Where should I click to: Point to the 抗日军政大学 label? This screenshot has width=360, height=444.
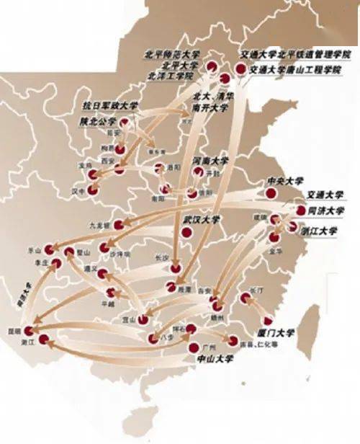[110, 106]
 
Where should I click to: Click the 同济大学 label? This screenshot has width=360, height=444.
[326, 210]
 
